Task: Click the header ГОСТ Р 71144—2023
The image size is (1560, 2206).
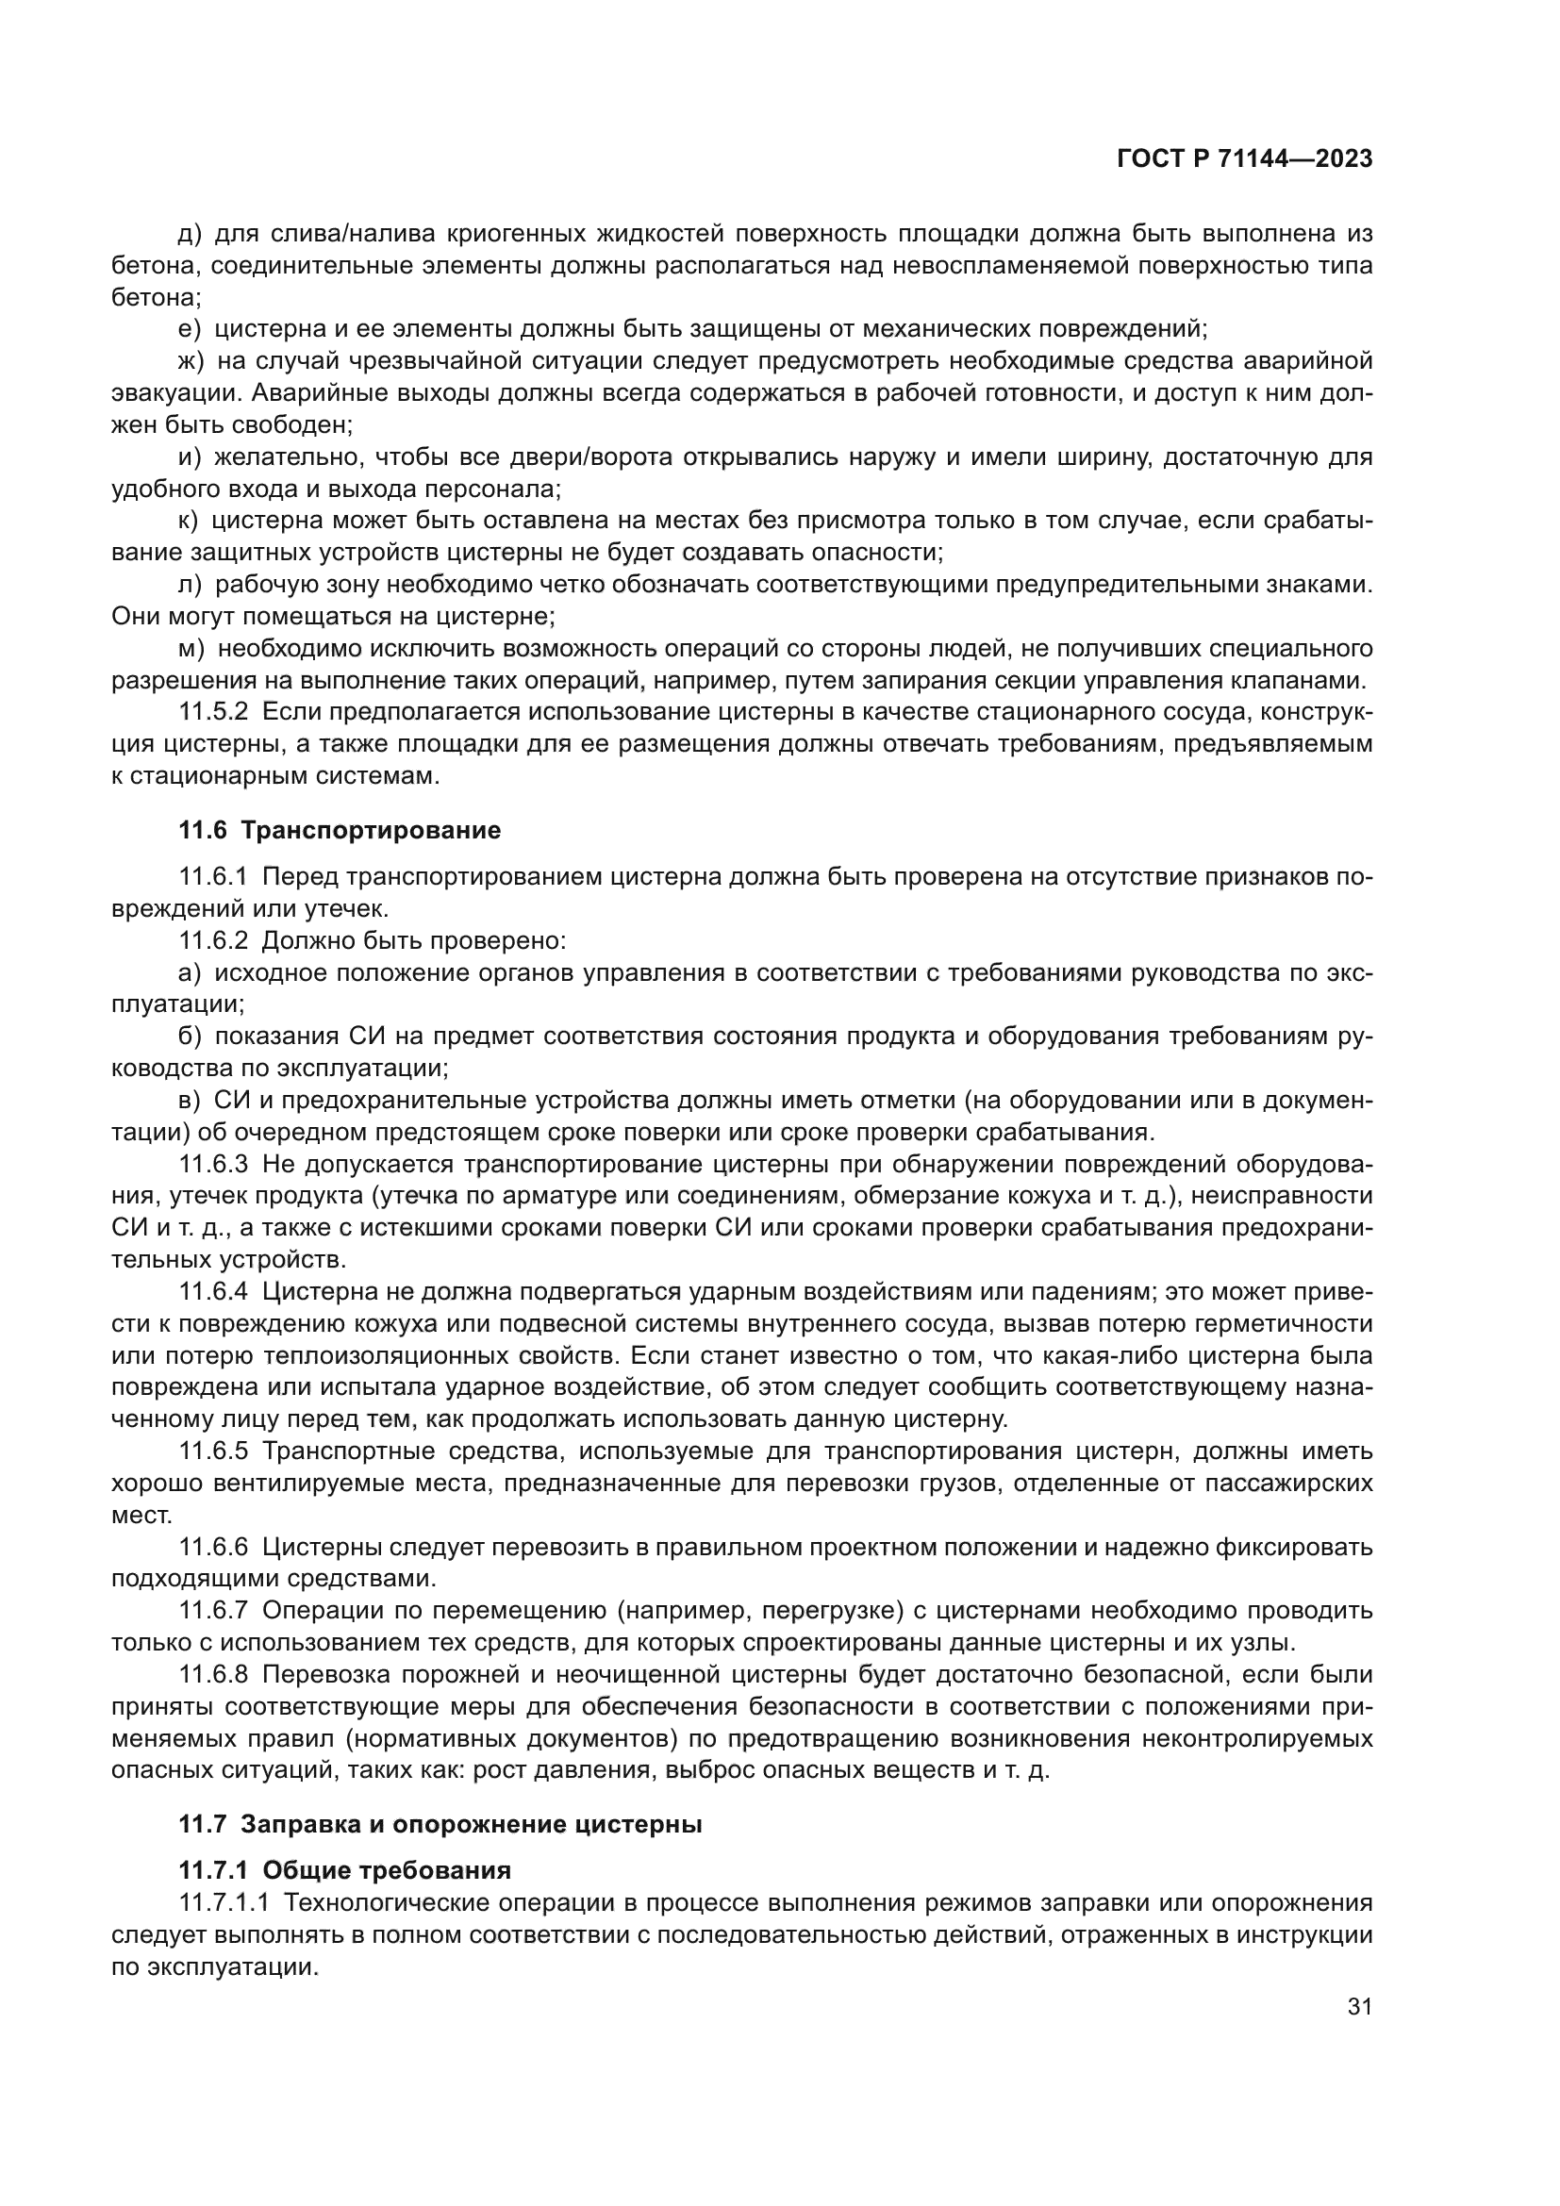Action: (x=1244, y=159)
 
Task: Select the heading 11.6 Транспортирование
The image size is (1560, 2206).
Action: (x=340, y=830)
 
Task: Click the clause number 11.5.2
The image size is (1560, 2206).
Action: (x=213, y=712)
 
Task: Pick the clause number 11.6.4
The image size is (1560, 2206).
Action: (x=213, y=1292)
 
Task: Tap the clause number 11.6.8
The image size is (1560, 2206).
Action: (x=213, y=1675)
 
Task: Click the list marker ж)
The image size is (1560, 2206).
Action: (x=191, y=361)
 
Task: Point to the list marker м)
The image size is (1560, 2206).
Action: (x=191, y=649)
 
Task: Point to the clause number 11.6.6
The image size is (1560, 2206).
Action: (x=213, y=1547)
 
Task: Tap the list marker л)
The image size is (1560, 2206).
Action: (x=191, y=584)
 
